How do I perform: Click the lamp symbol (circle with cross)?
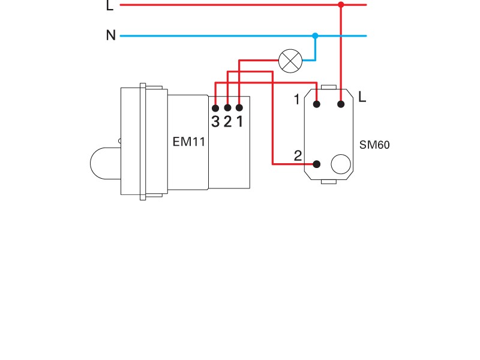pos(291,61)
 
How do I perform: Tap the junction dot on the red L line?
pos(341,5)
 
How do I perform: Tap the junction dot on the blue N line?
pos(316,36)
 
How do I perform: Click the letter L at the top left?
pos(109,5)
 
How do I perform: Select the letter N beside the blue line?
pos(110,36)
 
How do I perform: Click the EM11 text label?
pos(189,143)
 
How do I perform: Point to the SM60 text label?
pos(374,145)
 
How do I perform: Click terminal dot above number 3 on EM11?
pos(215,108)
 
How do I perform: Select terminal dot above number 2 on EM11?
pos(227,108)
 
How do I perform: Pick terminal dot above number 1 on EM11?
pos(239,108)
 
